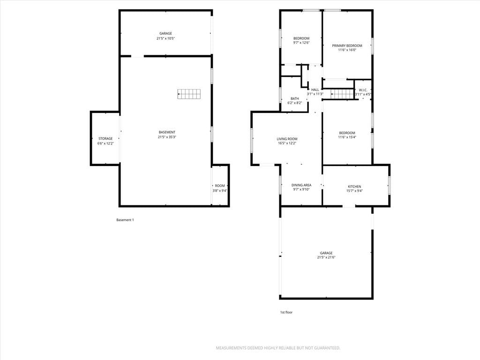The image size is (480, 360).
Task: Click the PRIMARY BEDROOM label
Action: [x=347, y=45]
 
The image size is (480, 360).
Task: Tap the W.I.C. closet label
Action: [x=363, y=90]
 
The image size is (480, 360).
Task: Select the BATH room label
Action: [x=295, y=98]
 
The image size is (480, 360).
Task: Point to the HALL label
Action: [x=315, y=90]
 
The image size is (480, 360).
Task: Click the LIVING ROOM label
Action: [x=287, y=139]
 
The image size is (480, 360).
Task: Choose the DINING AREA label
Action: [x=301, y=185]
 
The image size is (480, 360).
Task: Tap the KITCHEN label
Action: [x=354, y=187]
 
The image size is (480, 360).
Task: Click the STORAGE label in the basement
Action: [x=105, y=139]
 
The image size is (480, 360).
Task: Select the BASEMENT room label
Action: [x=167, y=132]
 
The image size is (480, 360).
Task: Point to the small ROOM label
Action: [x=220, y=186]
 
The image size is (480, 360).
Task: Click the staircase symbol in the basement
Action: [x=189, y=94]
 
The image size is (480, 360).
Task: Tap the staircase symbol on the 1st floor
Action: [x=342, y=94]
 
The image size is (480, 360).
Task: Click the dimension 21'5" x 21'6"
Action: [x=326, y=257]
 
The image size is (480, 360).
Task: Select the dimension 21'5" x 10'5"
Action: [x=165, y=38]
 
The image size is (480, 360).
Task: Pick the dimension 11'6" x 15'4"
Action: [x=347, y=137]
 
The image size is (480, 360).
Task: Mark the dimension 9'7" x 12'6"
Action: [x=301, y=43]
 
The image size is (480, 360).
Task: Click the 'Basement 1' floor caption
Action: [x=125, y=220]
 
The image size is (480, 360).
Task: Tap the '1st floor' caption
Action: [x=286, y=312]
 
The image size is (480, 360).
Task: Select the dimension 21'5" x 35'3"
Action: [x=167, y=137]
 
